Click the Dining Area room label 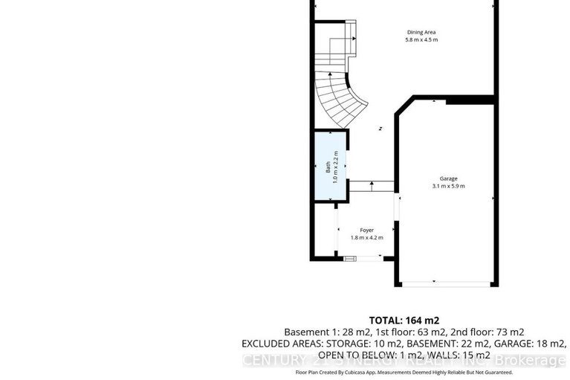click(421, 31)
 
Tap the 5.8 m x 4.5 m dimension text click(421, 39)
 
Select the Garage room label click(447, 178)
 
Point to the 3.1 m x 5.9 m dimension click(447, 187)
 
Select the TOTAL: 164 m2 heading click(405, 320)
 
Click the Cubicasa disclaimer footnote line click(404, 372)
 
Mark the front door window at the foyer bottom click(349, 258)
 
